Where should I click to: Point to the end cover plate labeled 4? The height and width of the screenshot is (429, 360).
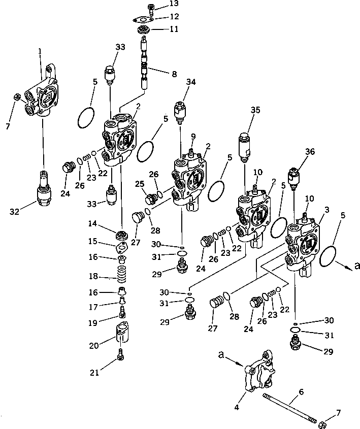(x=259, y=376)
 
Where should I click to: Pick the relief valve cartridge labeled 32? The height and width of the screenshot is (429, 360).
(x=44, y=192)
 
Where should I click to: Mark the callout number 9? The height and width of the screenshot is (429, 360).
(x=192, y=136)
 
